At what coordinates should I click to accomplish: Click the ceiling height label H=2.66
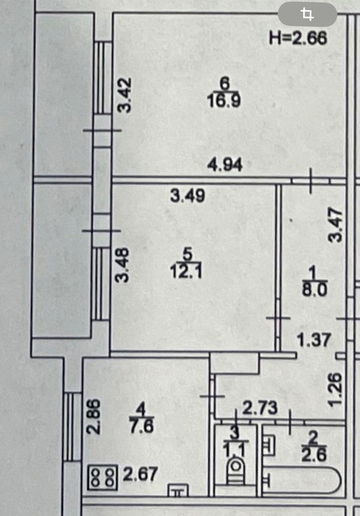point(298,38)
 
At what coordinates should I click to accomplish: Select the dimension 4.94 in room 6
point(225,165)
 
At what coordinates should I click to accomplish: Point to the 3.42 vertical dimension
point(124,95)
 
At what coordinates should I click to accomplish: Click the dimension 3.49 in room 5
point(187,196)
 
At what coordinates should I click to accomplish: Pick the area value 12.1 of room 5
point(186,272)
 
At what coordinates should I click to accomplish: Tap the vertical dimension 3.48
point(122,265)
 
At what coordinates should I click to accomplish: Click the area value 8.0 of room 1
point(314,289)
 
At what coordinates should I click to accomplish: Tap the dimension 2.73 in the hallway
point(260,408)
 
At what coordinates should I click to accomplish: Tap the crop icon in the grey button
point(308,14)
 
